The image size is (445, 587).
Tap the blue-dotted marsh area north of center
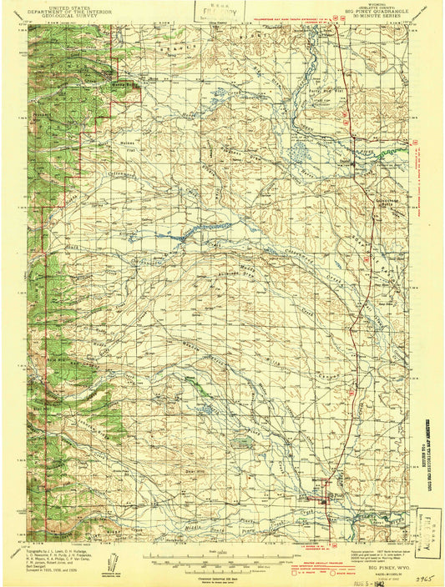tap(299, 153)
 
